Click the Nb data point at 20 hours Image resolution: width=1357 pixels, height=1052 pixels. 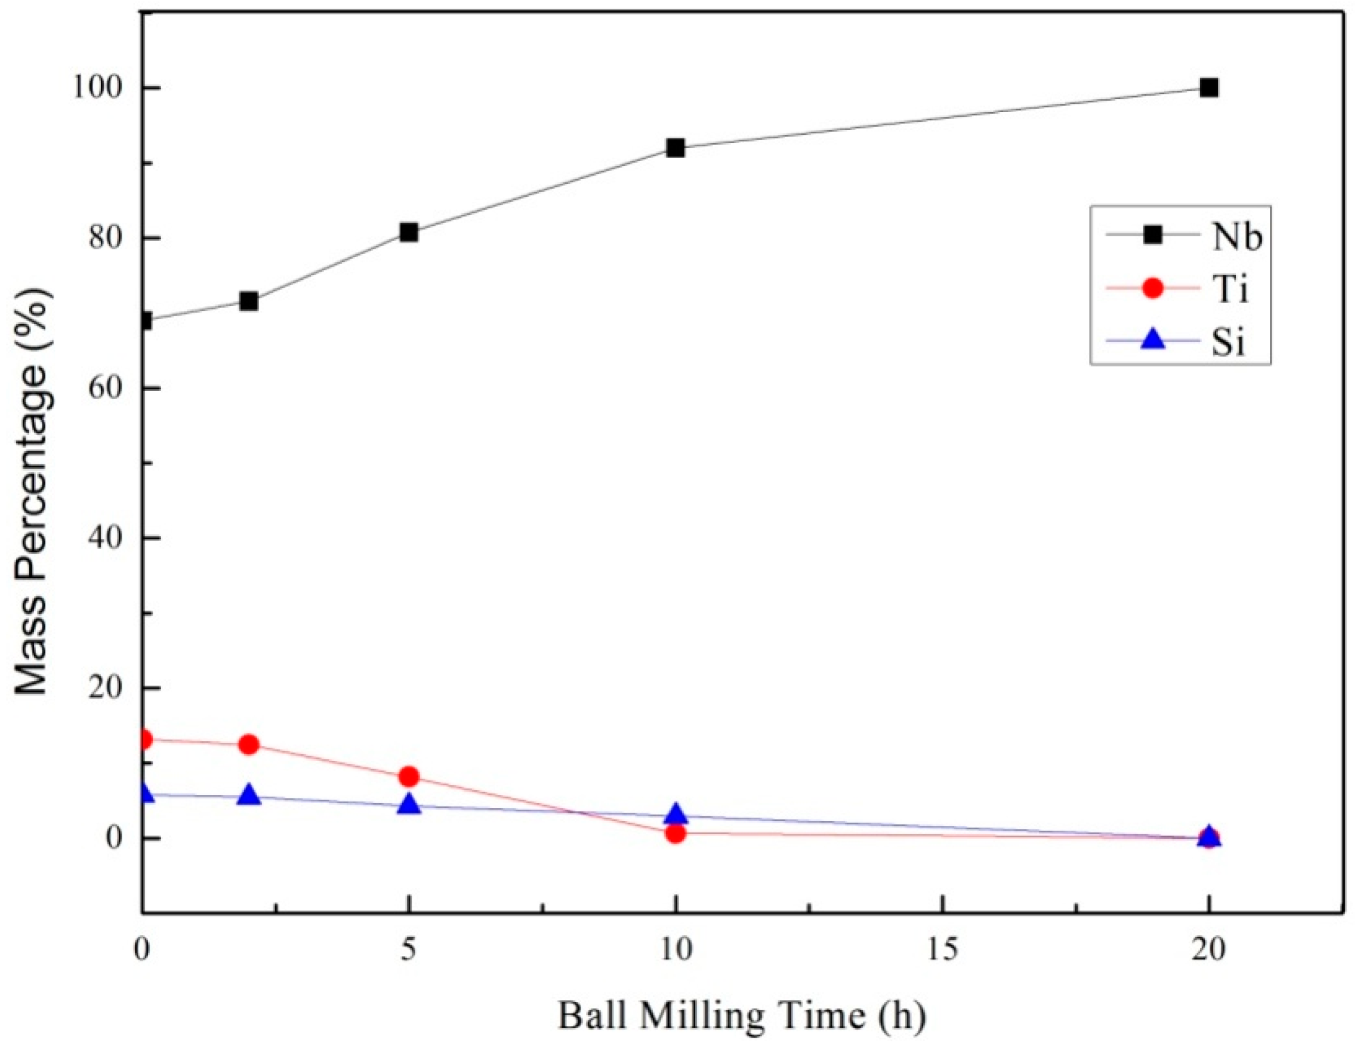click(1208, 88)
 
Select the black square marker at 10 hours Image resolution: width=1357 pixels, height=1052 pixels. click(676, 148)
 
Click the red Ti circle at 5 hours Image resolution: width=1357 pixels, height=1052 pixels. click(409, 776)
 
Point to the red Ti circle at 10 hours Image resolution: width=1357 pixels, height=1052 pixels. click(676, 832)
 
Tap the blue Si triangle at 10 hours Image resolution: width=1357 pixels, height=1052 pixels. click(676, 814)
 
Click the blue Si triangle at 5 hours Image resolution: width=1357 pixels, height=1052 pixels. click(409, 805)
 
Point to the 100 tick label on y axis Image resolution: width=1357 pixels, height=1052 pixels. click(98, 88)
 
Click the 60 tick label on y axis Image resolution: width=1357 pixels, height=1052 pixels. click(106, 388)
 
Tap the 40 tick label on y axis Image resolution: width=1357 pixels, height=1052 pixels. click(106, 538)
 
